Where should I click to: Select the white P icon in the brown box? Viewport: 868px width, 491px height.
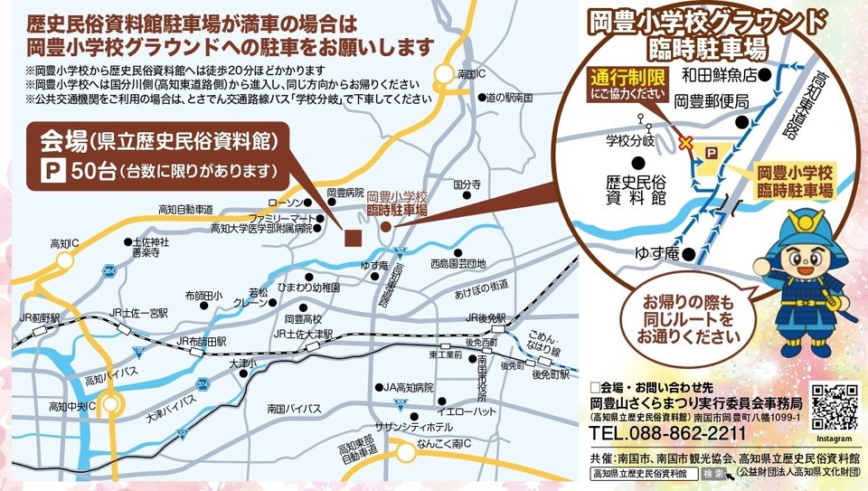click(52, 169)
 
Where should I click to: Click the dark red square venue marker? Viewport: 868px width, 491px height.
click(353, 238)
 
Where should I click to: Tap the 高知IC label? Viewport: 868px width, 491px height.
click(65, 243)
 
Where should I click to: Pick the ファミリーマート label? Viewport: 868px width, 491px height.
click(284, 218)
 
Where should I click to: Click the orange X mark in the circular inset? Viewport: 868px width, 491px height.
click(685, 142)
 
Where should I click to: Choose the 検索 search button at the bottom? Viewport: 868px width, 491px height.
click(713, 473)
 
